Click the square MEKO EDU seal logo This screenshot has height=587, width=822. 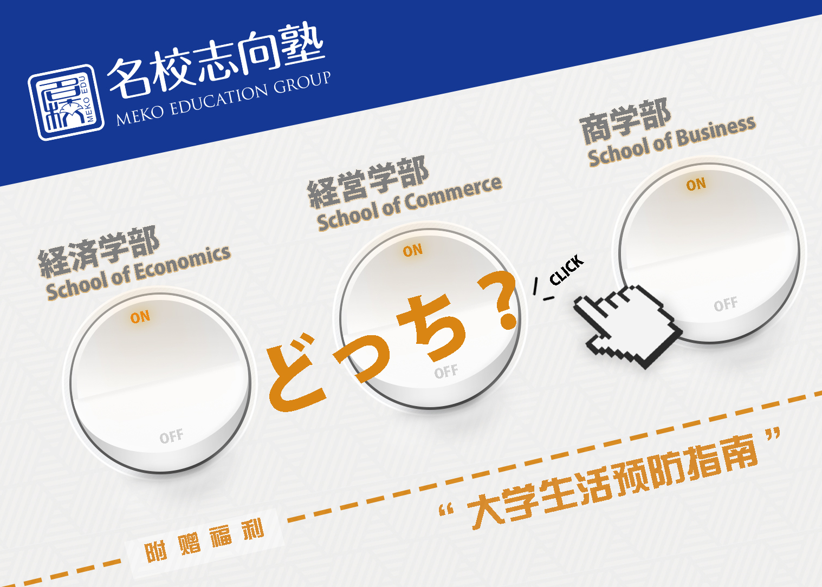click(x=66, y=102)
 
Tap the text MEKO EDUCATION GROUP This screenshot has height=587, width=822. click(x=223, y=98)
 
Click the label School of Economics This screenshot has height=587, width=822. click(x=138, y=273)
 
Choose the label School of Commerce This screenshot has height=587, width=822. click(x=410, y=203)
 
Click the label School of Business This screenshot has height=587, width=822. click(x=672, y=141)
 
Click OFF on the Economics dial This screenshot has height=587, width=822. click(x=171, y=436)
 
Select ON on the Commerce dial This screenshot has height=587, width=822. click(x=413, y=250)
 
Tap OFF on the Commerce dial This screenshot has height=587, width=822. click(x=446, y=371)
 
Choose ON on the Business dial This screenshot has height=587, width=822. click(x=696, y=185)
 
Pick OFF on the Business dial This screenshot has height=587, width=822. click(x=726, y=304)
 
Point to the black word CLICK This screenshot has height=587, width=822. click(x=567, y=270)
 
